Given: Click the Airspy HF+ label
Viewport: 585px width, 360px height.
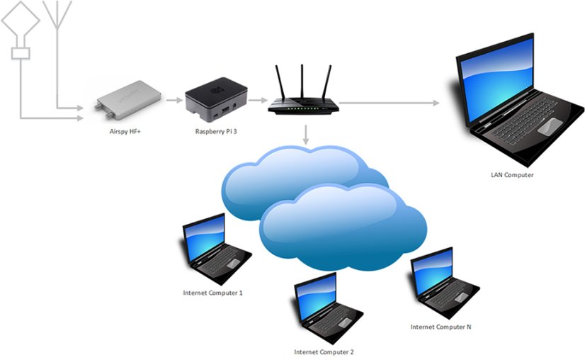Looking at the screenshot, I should (125, 130).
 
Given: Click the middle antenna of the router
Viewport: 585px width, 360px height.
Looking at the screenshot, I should (302, 81).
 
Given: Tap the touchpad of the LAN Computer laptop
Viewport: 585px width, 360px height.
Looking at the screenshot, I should (551, 127).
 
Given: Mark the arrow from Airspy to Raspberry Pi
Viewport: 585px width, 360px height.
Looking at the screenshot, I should (174, 101).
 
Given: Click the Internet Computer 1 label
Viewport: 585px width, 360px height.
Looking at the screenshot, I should (212, 293).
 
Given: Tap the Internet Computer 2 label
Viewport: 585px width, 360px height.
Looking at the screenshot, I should (324, 351).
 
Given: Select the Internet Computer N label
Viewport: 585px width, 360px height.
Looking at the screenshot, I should (441, 327).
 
